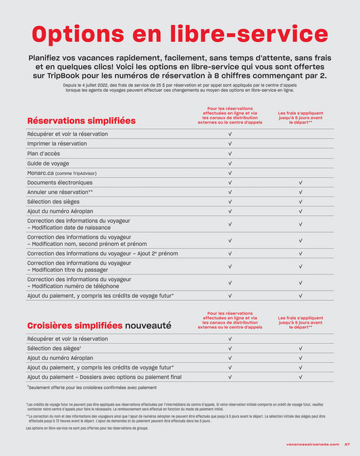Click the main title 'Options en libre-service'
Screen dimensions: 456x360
pos(180,33)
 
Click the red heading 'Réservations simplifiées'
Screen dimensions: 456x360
pos(81,120)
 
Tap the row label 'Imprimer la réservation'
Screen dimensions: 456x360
pos(57,144)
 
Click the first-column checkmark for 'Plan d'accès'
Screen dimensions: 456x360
pos(230,154)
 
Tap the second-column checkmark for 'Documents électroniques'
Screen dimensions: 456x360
pos(301,182)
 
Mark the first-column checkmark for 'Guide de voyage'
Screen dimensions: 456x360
pos(230,163)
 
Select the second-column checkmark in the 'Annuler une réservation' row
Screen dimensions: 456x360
pos(301,193)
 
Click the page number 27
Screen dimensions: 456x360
pos(346,444)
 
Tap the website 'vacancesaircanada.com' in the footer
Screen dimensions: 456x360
pos(313,444)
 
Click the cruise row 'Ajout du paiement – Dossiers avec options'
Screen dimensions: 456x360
pos(104,377)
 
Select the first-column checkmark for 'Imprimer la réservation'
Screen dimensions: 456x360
pos(230,144)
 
